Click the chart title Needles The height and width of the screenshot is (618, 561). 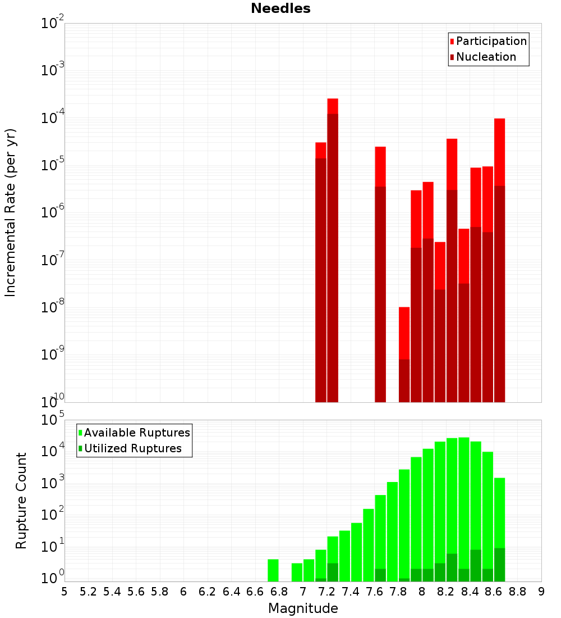pos(280,8)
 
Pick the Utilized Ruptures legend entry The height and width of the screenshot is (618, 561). pos(132,448)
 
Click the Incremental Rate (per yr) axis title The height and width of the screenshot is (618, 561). pos(10,212)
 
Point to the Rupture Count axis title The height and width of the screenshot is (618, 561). pos(21,501)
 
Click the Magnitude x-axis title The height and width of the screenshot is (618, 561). pos(303,608)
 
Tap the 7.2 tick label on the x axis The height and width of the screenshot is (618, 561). pos(327,592)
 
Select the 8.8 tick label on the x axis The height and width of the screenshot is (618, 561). pos(517,592)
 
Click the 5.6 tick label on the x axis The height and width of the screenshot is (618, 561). pos(136,592)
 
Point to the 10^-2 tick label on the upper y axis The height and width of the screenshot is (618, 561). pos(53,24)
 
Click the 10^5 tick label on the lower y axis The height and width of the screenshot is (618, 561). pos(53,420)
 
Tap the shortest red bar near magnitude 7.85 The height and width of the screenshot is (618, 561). pos(404,354)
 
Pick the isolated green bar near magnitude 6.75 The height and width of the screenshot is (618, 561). pos(273,570)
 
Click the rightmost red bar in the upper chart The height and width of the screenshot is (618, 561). pos(499,258)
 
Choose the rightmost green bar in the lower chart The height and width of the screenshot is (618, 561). pos(499,528)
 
